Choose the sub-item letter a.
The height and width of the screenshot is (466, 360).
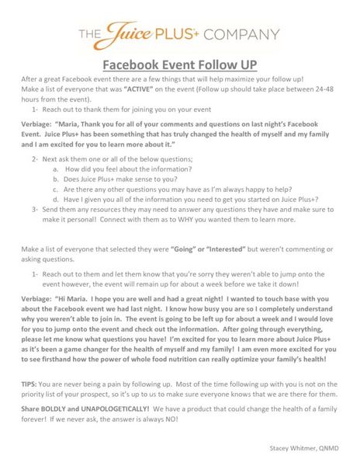click(x=56, y=169)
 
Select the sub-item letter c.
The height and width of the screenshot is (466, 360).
click(x=56, y=189)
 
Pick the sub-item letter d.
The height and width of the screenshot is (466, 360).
click(x=56, y=199)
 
